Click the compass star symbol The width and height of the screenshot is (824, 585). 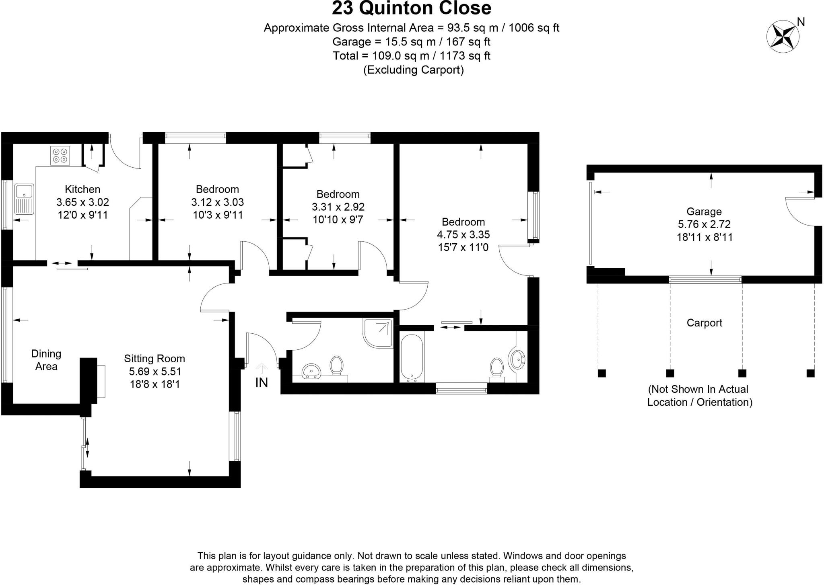(783, 37)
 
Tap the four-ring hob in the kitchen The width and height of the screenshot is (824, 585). (60, 155)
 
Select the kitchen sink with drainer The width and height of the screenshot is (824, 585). (24, 199)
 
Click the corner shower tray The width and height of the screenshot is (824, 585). (378, 332)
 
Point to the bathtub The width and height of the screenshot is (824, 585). (412, 357)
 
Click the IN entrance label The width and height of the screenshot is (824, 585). (262, 383)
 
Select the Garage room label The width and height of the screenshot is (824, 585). (704, 211)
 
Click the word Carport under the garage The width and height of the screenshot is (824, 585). (704, 323)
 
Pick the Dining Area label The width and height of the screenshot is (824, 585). (46, 360)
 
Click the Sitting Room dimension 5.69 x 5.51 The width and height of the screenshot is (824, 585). (155, 372)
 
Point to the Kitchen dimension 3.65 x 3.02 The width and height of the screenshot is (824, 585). (82, 202)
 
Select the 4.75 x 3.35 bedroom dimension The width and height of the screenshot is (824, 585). (463, 234)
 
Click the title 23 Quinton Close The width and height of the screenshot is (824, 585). (411, 8)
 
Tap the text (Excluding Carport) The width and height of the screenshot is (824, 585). (413, 70)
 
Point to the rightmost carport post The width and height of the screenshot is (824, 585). (810, 373)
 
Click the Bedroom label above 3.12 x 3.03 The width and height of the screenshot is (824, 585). (217, 189)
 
